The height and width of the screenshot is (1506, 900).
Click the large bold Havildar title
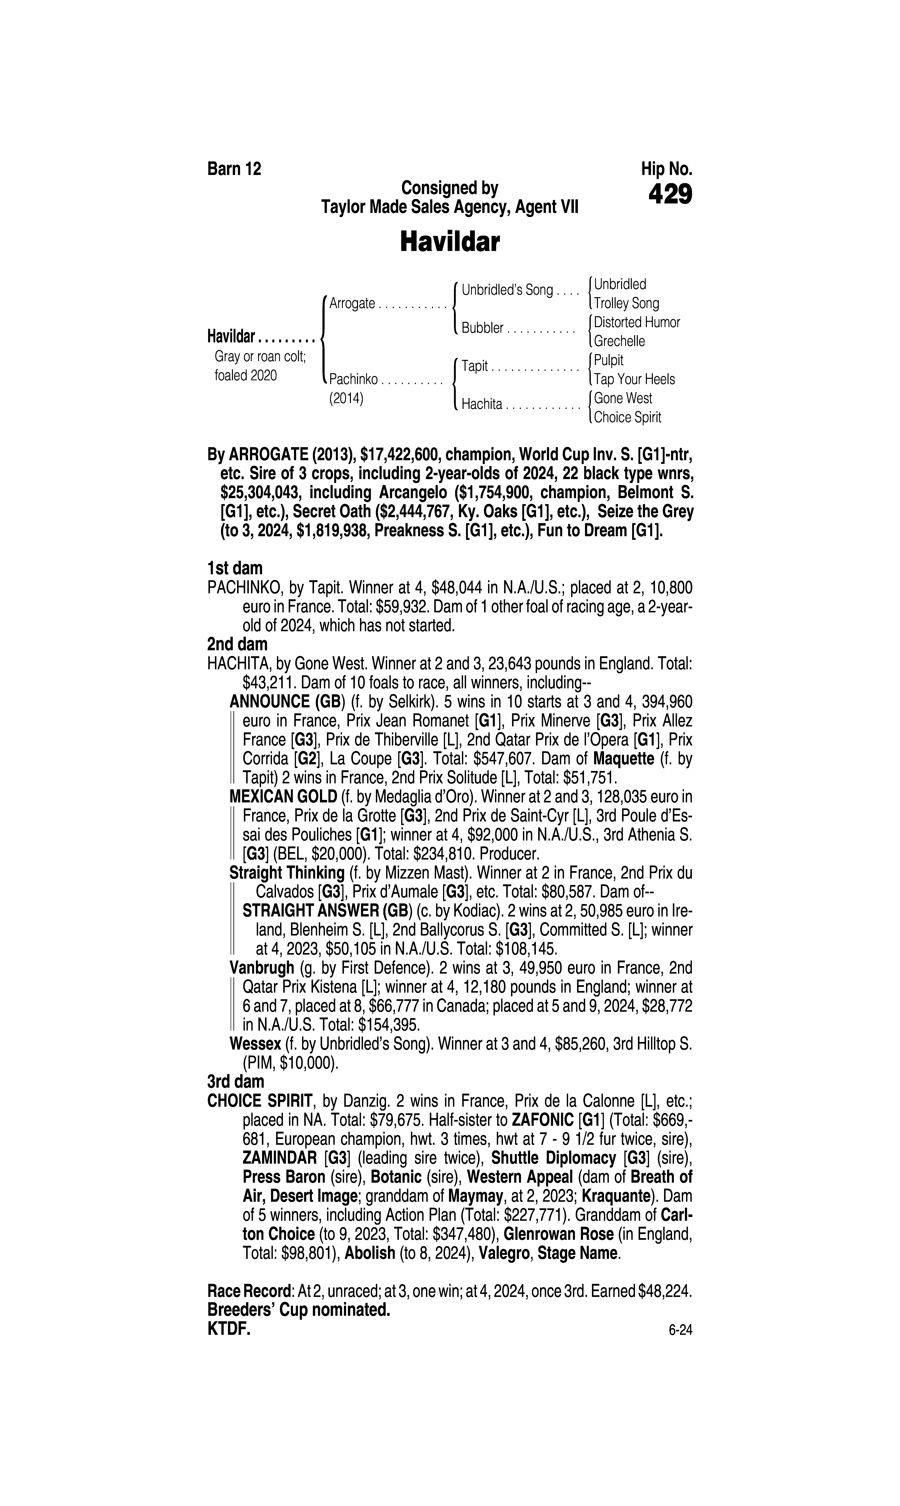point(449,242)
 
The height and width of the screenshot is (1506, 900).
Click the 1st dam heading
point(235,568)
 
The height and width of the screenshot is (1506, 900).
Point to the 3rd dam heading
point(236,1081)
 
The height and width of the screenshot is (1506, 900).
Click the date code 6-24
point(680,1331)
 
